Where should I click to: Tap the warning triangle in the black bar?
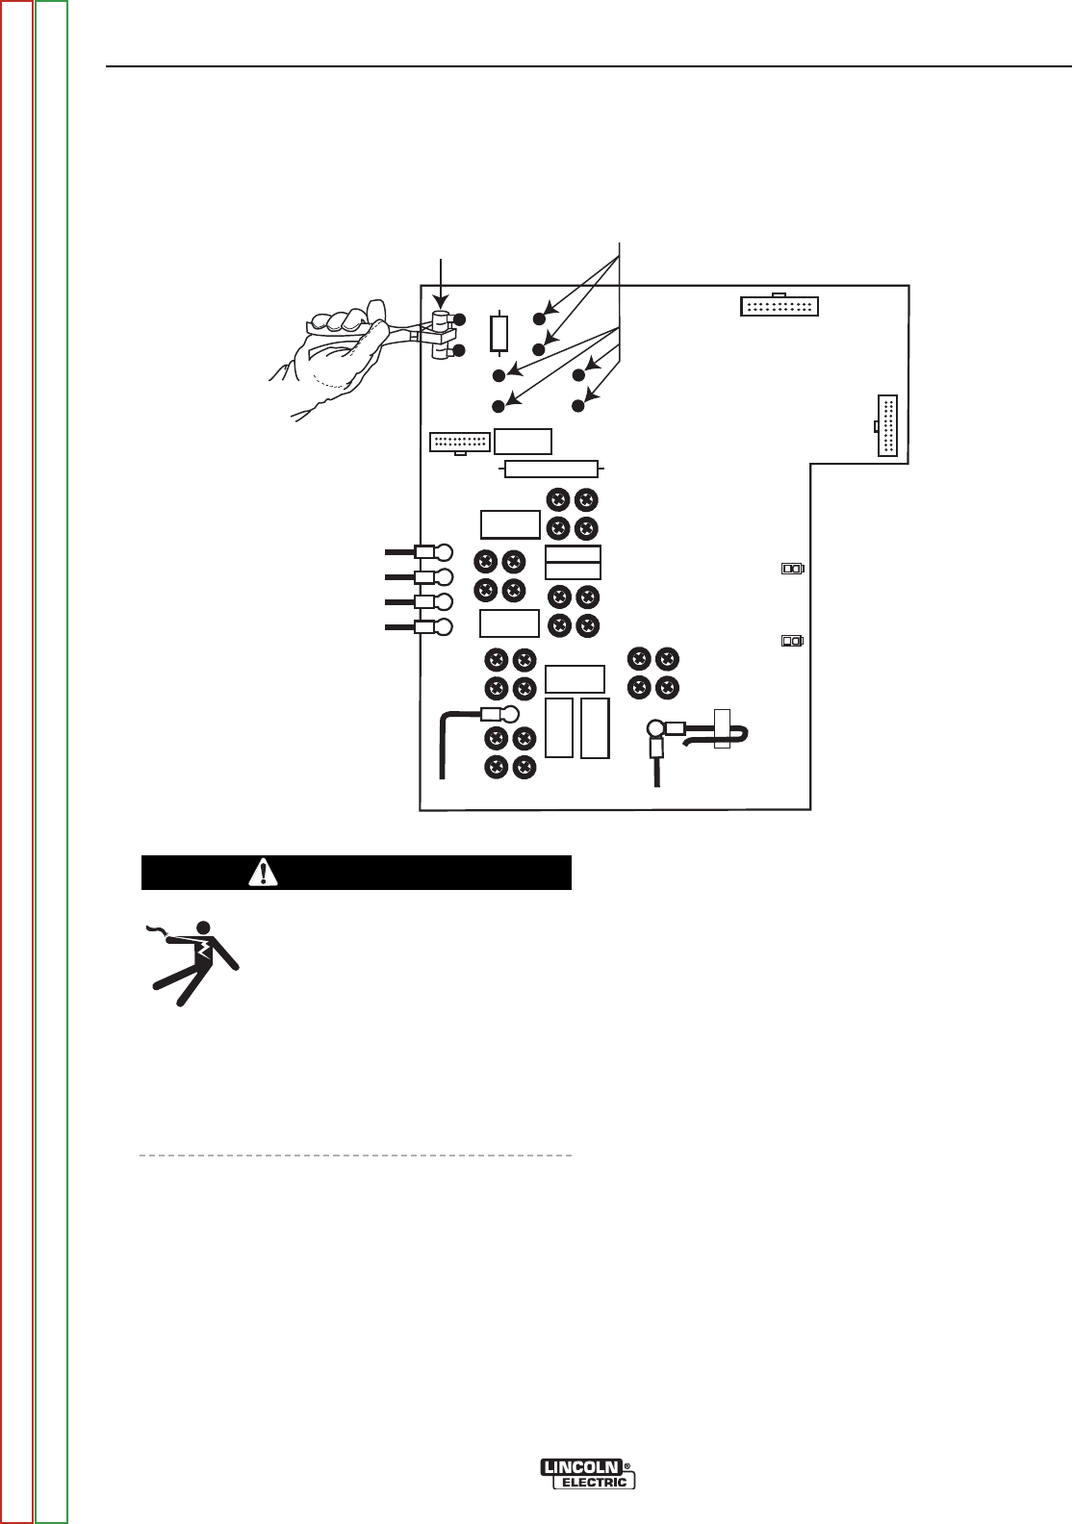tap(261, 873)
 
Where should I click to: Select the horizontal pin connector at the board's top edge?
tap(779, 307)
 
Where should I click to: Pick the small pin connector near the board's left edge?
tap(460, 443)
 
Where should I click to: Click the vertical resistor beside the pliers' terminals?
tap(499, 334)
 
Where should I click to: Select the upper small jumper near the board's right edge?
tap(792, 569)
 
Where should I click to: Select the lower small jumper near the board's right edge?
tap(792, 641)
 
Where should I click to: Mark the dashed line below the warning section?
tap(356, 1154)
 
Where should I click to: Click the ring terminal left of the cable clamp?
tap(656, 729)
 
